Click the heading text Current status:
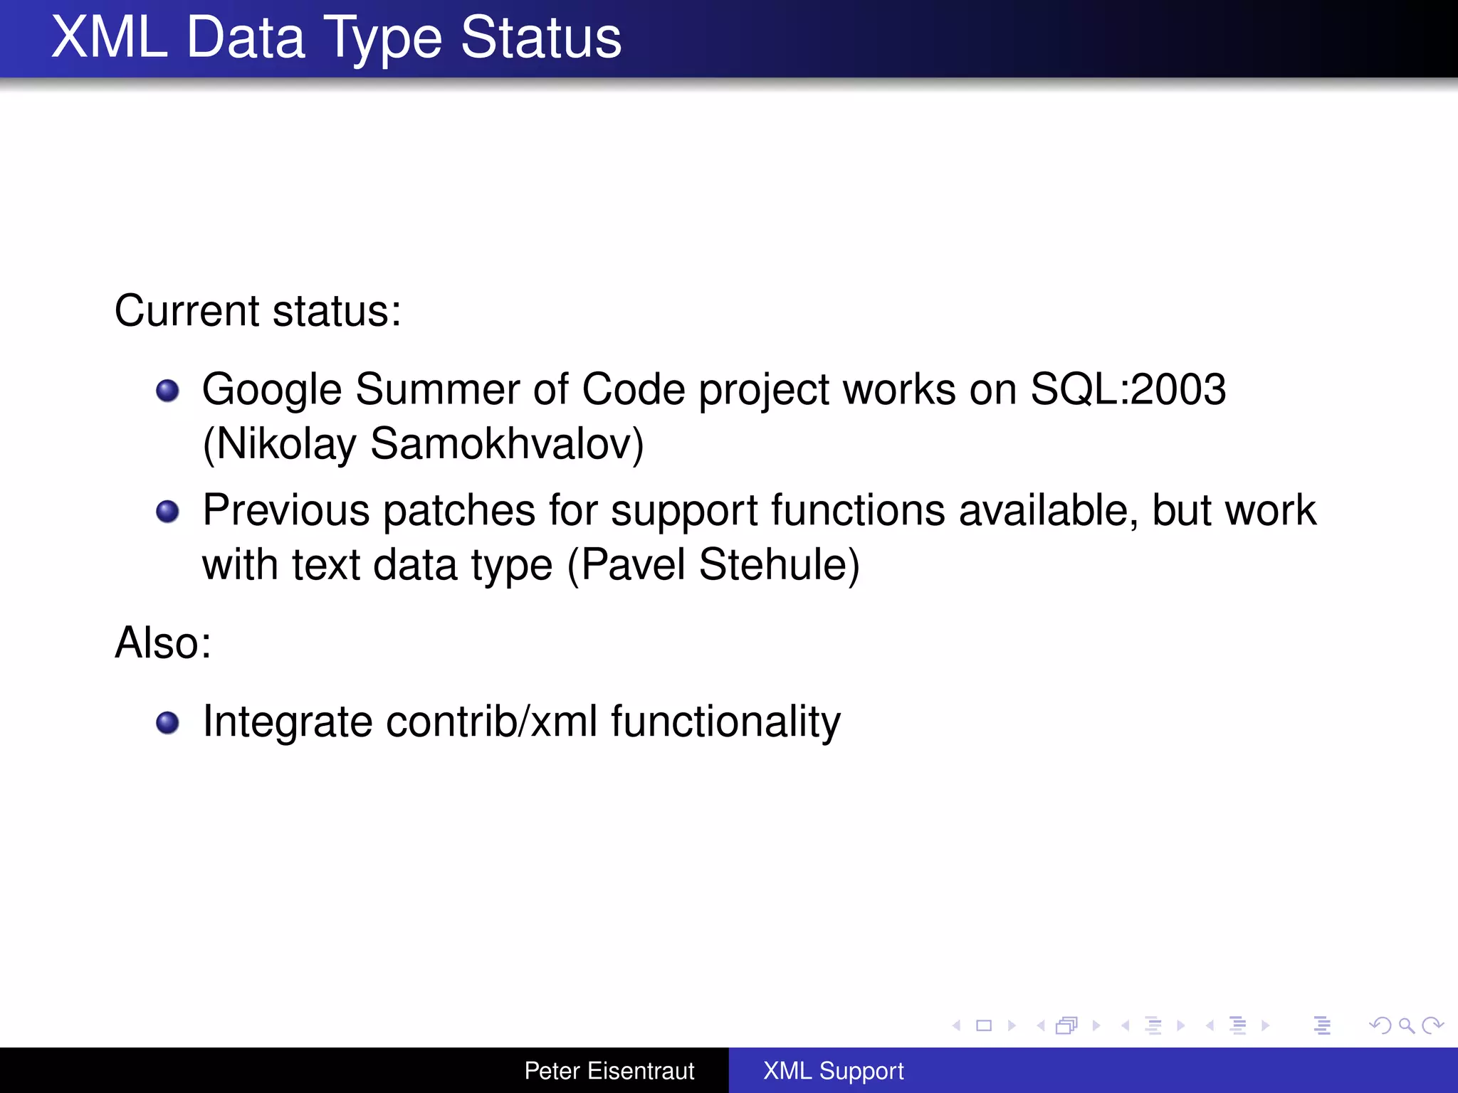click(x=258, y=311)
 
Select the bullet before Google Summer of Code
click(x=167, y=391)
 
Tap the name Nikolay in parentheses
click(x=285, y=443)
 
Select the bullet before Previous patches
click(x=167, y=512)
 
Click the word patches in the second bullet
click(x=459, y=510)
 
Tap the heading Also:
click(x=163, y=643)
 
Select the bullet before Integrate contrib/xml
click(x=167, y=723)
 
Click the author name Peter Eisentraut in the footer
click(x=609, y=1070)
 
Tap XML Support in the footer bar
click(x=833, y=1070)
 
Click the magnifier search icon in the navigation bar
click(x=1406, y=1025)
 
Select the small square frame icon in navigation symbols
click(x=984, y=1025)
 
